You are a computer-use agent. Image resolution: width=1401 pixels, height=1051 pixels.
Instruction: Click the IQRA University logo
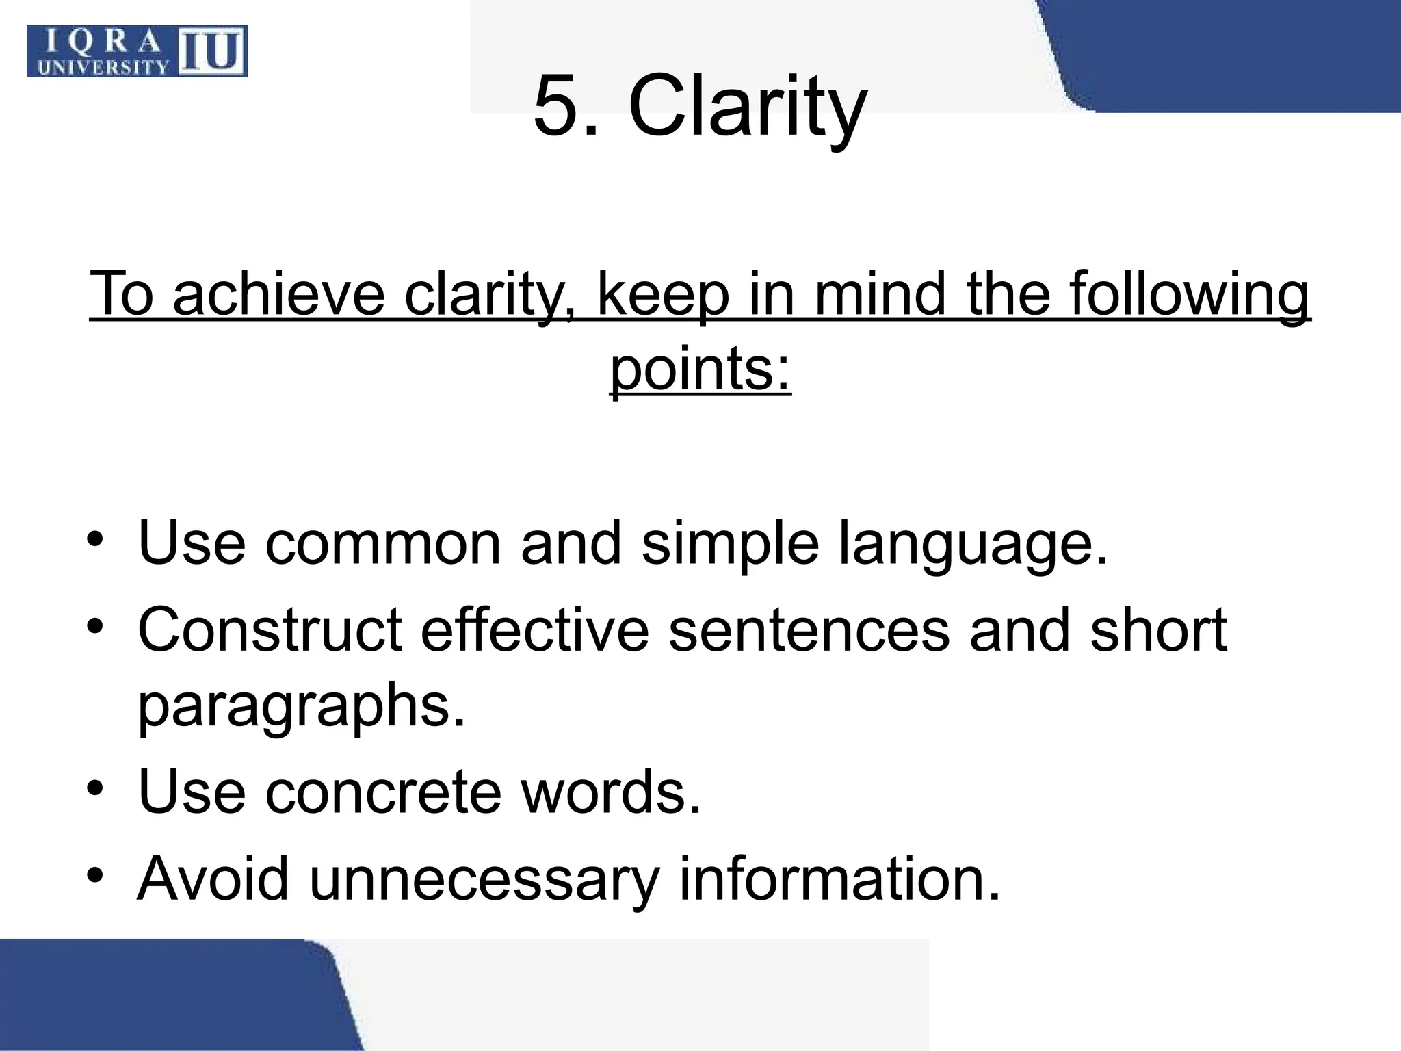tap(137, 51)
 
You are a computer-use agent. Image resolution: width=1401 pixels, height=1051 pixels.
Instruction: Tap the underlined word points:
tap(700, 369)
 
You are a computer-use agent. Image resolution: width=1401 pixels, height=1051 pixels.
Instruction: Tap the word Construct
tap(270, 630)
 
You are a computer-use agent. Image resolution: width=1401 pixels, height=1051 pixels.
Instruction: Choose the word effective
tap(534, 630)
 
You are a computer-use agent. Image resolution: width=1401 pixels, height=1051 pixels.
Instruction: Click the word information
tap(839, 879)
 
